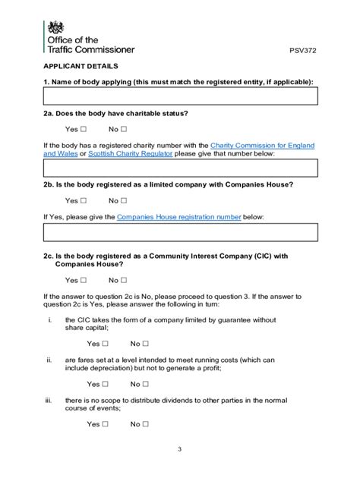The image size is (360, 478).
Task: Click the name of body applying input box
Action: (180, 96)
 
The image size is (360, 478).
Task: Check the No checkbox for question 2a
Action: (124, 129)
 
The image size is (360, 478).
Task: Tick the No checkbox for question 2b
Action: (124, 201)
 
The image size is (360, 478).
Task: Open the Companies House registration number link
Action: (179, 217)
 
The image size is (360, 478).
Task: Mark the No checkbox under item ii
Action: (145, 384)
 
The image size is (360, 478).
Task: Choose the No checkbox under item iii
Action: (145, 424)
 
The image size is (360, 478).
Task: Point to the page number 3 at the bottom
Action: (180, 449)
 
